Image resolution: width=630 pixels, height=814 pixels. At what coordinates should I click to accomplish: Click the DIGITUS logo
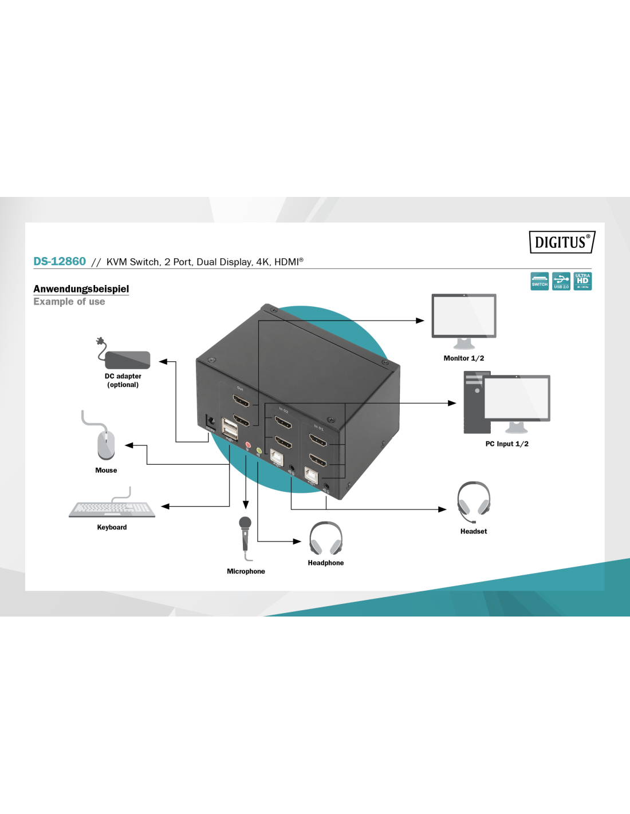pyautogui.click(x=561, y=242)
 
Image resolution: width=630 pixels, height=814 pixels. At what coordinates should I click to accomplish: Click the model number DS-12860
pyautogui.click(x=60, y=262)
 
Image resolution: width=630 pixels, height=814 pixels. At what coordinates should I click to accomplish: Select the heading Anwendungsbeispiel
pyautogui.click(x=81, y=289)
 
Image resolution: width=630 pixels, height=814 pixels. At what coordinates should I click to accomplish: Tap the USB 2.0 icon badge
pyautogui.click(x=561, y=281)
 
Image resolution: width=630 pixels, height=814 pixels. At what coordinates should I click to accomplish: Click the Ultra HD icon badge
pyautogui.click(x=582, y=281)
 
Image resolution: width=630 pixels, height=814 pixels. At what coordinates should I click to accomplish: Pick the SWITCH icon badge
pyautogui.click(x=540, y=281)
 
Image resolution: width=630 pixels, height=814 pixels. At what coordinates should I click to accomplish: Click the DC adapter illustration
pyautogui.click(x=127, y=359)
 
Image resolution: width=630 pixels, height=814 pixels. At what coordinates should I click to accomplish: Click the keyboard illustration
pyautogui.click(x=112, y=509)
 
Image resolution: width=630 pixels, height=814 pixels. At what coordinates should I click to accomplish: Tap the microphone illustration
pyautogui.click(x=246, y=535)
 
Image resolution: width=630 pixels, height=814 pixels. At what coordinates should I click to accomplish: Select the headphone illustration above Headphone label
pyautogui.click(x=326, y=539)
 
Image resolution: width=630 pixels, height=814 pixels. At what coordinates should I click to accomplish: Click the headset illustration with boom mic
pyautogui.click(x=474, y=501)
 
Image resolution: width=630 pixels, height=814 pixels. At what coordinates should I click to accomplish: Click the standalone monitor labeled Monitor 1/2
pyautogui.click(x=464, y=318)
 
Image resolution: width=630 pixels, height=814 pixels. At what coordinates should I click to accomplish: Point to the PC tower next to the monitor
pyautogui.click(x=477, y=402)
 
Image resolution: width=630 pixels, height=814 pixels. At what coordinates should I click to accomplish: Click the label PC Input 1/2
pyautogui.click(x=507, y=444)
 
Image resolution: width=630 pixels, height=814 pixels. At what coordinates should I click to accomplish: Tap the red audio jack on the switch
pyautogui.click(x=247, y=444)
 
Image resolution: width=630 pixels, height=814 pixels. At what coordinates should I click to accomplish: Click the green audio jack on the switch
pyautogui.click(x=259, y=451)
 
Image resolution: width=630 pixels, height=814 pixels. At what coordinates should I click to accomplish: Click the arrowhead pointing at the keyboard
pyautogui.click(x=166, y=506)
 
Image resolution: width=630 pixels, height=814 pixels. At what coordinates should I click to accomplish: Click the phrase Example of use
pyautogui.click(x=69, y=302)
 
